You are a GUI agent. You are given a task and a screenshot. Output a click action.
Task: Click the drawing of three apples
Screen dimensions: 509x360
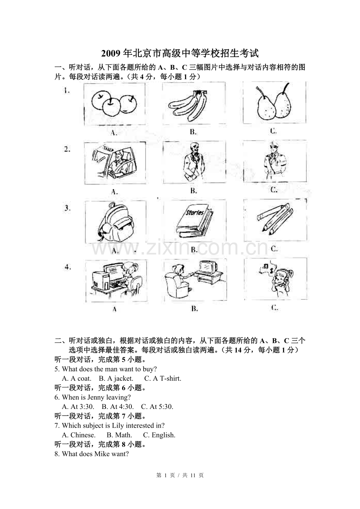click(x=114, y=102)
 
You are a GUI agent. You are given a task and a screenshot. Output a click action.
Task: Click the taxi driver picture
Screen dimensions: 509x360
click(x=115, y=162)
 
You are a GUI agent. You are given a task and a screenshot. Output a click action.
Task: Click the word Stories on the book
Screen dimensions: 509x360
click(x=194, y=213)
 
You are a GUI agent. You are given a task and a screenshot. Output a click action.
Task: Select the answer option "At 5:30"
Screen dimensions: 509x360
click(x=157, y=407)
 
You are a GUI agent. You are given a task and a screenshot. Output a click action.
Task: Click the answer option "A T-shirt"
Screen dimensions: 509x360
click(x=163, y=378)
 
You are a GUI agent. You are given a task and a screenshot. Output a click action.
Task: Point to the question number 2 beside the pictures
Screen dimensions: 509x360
click(x=67, y=149)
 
